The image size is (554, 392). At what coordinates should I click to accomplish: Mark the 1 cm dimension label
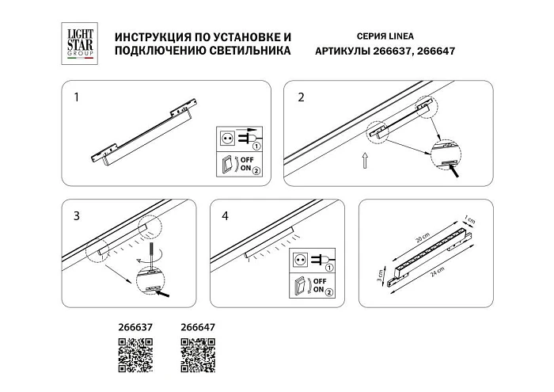point(469,220)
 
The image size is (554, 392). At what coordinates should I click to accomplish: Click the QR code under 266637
point(135,353)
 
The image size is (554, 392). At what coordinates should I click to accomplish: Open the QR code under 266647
point(199,353)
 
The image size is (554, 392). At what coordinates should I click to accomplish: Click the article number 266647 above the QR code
point(199,325)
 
